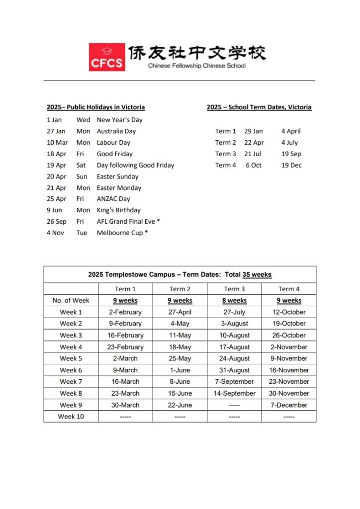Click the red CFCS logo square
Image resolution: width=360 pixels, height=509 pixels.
click(107, 57)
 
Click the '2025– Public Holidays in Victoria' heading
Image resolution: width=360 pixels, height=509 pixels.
click(96, 107)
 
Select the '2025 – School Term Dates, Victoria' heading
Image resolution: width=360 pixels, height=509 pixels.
click(259, 107)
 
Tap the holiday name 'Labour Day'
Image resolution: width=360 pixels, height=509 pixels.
click(113, 143)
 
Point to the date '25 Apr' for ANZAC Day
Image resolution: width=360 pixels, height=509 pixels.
click(56, 199)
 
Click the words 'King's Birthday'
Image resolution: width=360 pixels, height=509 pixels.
click(118, 210)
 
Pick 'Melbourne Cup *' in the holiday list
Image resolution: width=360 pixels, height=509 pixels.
click(122, 233)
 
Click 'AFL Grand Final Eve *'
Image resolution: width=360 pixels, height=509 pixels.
click(128, 222)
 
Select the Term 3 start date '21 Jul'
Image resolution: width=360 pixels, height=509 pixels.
click(253, 154)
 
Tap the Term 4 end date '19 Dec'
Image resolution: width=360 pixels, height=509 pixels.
click(291, 166)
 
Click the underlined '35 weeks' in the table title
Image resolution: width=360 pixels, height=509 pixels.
click(257, 274)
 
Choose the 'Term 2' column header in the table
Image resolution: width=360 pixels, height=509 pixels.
click(180, 289)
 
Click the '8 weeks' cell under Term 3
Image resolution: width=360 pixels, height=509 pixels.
click(234, 301)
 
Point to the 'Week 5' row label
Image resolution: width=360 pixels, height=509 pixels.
click(71, 358)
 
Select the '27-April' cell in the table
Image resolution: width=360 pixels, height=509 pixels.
click(180, 312)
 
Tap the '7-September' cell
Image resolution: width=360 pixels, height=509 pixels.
click(234, 382)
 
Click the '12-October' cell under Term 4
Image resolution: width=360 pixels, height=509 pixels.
click(289, 312)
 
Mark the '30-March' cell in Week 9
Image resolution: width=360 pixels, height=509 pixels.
click(125, 405)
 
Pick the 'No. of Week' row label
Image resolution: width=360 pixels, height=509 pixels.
click(71, 301)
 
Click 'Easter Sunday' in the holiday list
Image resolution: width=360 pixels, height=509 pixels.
click(117, 176)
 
